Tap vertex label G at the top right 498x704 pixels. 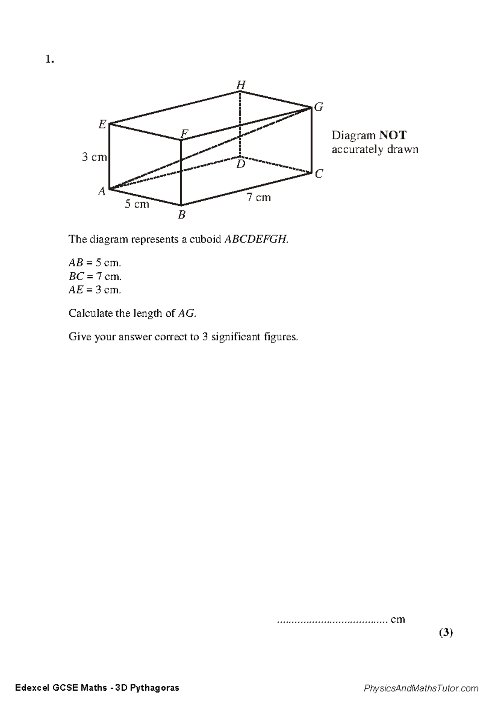click(x=318, y=108)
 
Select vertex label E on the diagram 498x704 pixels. click(x=102, y=124)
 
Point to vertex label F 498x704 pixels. click(x=184, y=134)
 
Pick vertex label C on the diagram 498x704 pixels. click(x=318, y=174)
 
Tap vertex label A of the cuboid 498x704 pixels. click(x=102, y=191)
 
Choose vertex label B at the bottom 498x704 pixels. click(x=181, y=215)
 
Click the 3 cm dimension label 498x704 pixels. click(x=94, y=157)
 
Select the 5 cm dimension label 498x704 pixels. click(x=137, y=204)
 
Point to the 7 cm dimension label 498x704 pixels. click(x=259, y=198)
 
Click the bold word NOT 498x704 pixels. click(x=392, y=135)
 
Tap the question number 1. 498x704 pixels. click(x=49, y=60)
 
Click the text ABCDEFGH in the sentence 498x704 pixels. click(x=256, y=240)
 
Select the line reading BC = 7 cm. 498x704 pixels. click(x=95, y=276)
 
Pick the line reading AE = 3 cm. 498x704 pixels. click(x=95, y=290)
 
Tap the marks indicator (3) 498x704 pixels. click(x=446, y=633)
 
